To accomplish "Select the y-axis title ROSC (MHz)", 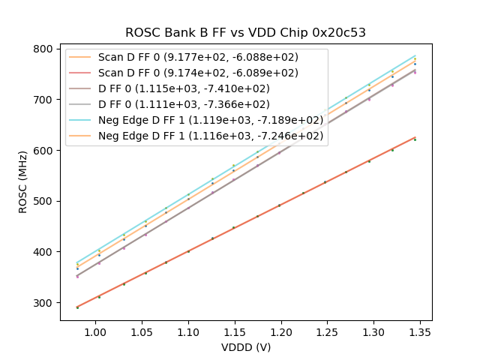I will tap(23, 182).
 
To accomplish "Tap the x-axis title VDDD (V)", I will tap(246, 347).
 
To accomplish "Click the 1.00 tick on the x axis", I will tap(95, 331).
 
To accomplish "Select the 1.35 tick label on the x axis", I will tap(421, 331).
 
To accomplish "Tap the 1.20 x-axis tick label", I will tap(281, 331).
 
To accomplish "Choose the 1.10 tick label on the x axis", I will tap(188, 331).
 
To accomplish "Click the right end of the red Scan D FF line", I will tap(415, 137).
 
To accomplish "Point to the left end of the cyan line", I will tap(77, 262).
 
